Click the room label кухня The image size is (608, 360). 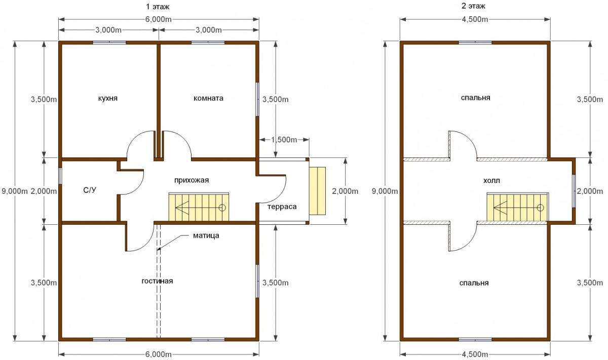click(108, 98)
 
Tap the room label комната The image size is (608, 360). click(208, 98)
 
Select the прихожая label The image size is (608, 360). click(192, 180)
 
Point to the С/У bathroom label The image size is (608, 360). click(90, 190)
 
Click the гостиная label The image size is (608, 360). click(157, 281)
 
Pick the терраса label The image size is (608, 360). click(282, 207)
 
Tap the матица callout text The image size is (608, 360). click(206, 236)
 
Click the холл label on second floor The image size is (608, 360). click(491, 181)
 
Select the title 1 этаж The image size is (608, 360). click(158, 7)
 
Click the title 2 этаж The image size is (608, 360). click(473, 6)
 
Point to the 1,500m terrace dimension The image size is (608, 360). click(284, 140)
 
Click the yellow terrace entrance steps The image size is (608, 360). click(318, 191)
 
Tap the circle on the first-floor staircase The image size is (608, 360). click(222, 208)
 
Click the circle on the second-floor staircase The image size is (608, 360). click(541, 208)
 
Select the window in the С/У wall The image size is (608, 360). click(60, 176)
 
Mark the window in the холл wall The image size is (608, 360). click(574, 191)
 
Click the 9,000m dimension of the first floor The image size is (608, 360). click(15, 191)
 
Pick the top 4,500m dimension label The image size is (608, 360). click(475, 20)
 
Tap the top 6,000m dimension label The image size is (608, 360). click(159, 20)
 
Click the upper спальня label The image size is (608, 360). click(476, 98)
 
